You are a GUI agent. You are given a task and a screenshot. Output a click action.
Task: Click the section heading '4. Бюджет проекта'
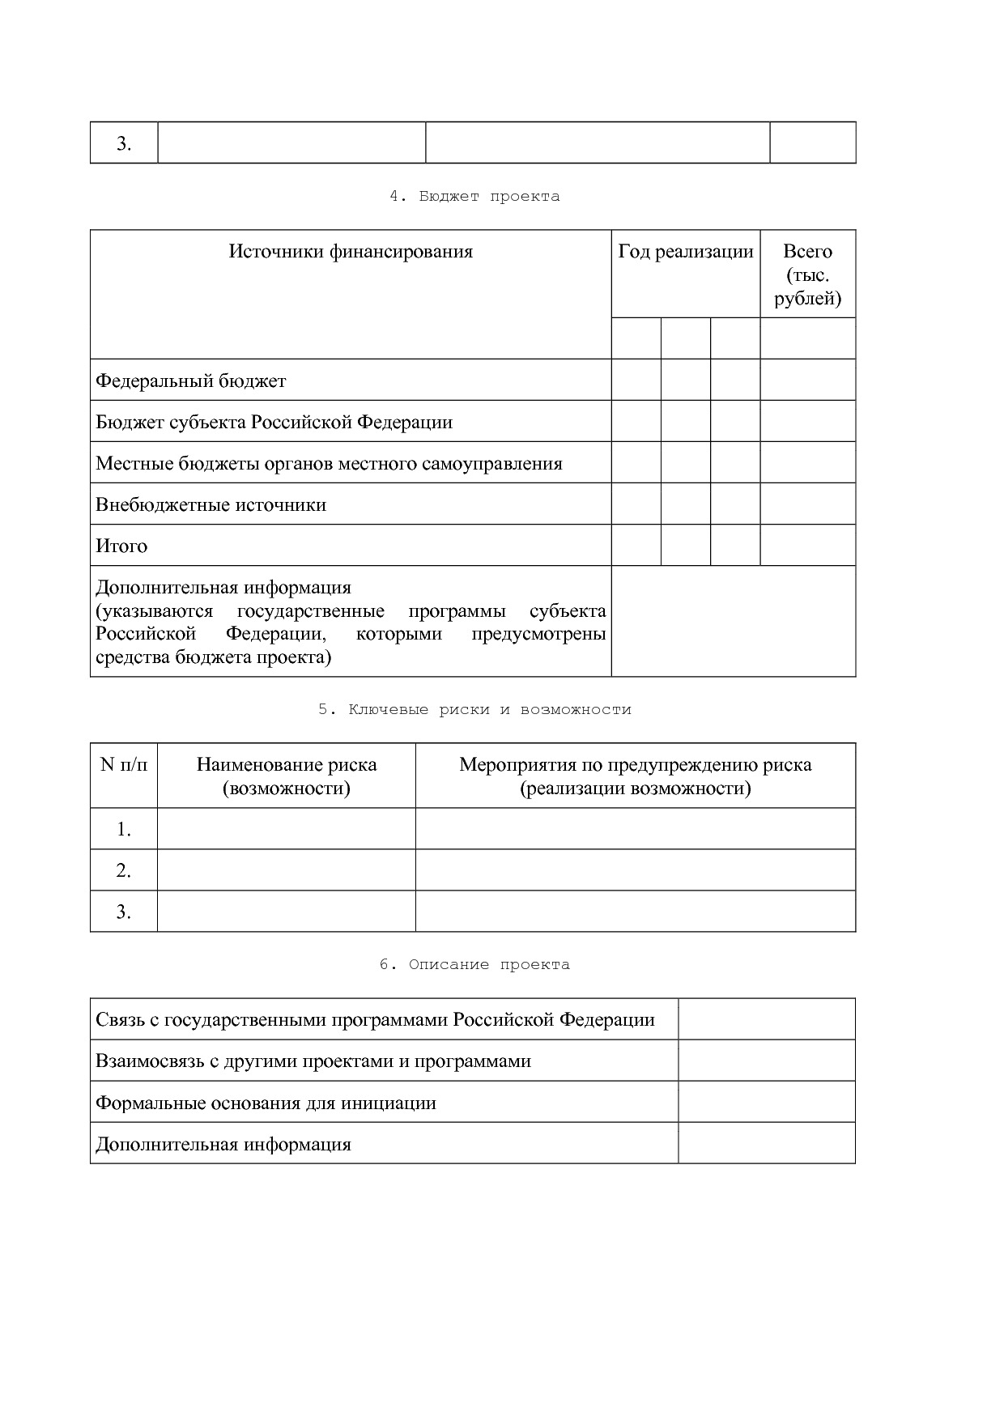tap(474, 197)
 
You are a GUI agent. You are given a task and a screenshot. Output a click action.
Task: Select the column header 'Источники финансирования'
tap(351, 252)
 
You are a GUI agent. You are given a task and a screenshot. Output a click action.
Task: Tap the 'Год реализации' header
tap(685, 252)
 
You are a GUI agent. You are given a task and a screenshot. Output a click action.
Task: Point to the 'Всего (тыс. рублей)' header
tap(807, 275)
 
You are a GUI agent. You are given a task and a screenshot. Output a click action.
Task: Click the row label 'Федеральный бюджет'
tap(191, 381)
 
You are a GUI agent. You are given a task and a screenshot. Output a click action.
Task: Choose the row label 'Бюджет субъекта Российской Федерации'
tap(274, 423)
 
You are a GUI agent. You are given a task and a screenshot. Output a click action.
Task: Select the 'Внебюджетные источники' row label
tap(211, 505)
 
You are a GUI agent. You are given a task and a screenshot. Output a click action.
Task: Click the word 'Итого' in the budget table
tap(121, 546)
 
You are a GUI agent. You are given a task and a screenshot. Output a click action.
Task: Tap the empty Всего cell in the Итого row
tap(807, 545)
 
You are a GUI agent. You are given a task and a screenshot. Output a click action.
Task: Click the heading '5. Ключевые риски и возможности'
tap(474, 710)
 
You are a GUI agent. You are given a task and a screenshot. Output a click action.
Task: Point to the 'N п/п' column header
tap(124, 765)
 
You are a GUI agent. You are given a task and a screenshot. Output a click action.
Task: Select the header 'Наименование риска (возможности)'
tap(287, 776)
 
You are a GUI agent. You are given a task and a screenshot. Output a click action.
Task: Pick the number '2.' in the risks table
tap(124, 871)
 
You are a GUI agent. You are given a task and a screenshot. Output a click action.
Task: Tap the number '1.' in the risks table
tap(124, 830)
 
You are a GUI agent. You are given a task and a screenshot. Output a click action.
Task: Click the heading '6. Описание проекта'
tap(474, 965)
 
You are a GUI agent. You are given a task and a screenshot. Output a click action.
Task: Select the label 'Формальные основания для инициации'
tap(266, 1103)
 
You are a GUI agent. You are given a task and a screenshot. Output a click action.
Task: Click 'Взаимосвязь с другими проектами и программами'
tap(313, 1061)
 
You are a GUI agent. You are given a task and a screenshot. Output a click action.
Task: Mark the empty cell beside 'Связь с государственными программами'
tap(766, 1019)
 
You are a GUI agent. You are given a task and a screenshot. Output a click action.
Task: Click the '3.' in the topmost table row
tap(124, 144)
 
